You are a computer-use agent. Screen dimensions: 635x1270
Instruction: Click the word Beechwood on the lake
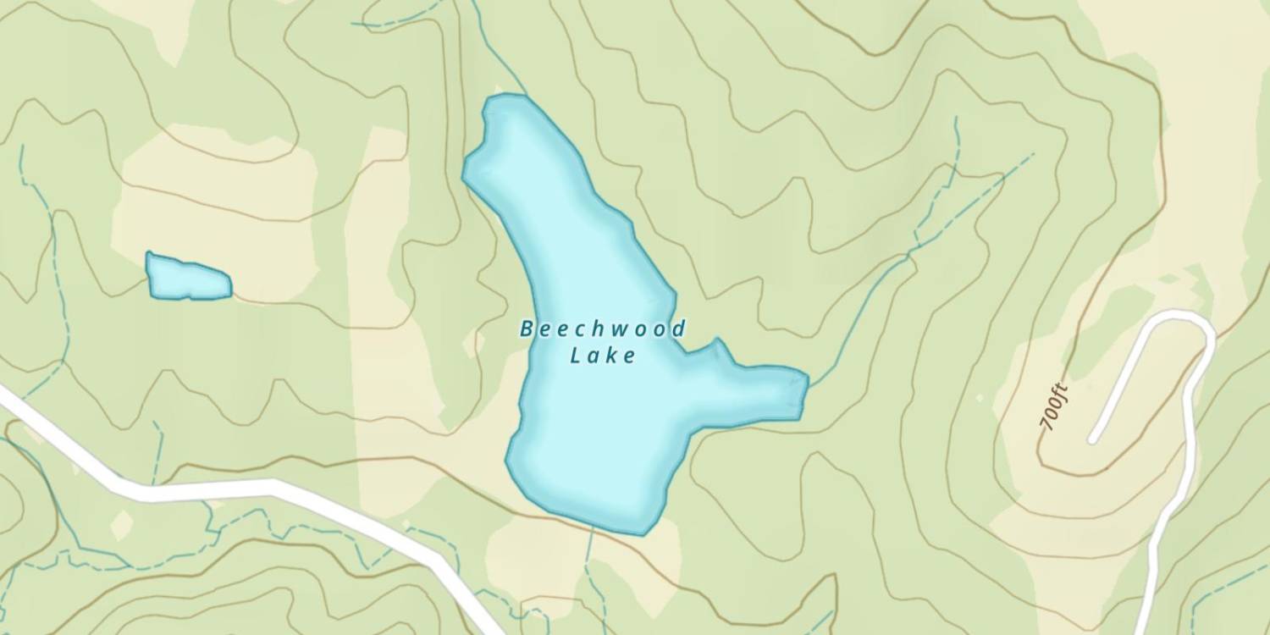[602, 329]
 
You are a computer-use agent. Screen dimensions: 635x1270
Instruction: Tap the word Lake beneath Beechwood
[602, 356]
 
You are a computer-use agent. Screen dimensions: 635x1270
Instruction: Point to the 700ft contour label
[1055, 408]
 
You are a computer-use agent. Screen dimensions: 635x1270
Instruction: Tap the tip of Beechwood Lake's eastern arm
[806, 381]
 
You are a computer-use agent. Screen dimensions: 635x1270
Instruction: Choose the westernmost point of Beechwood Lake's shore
[463, 174]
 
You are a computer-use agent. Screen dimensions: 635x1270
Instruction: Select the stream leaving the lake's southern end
[589, 559]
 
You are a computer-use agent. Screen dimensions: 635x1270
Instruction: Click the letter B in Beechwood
[527, 329]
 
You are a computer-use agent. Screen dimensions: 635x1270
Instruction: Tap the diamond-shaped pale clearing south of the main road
[122, 526]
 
